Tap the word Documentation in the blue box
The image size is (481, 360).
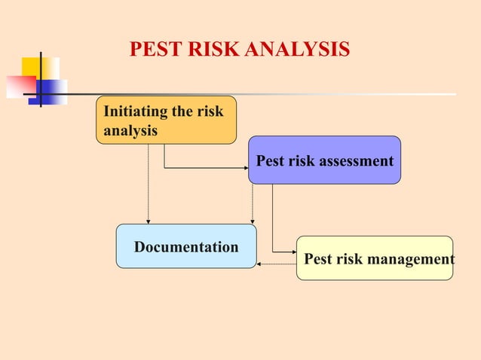point(185,247)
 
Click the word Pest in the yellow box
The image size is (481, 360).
point(317,260)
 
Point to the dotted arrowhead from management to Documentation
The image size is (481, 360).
point(259,264)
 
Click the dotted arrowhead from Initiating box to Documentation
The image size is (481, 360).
point(148,221)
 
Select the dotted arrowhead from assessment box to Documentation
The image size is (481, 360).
point(252,221)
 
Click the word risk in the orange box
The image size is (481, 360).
point(210,112)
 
